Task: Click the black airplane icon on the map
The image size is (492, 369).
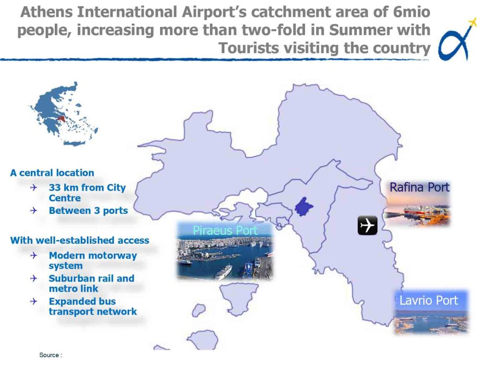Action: tap(368, 225)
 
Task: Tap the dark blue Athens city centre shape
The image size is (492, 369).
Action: tap(304, 207)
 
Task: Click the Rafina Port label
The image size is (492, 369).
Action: tap(419, 187)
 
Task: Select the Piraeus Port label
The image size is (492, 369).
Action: tap(225, 231)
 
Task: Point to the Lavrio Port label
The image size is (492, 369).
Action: tap(429, 301)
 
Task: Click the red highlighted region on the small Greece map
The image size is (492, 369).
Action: tap(62, 119)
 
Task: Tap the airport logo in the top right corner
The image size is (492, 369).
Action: tap(457, 39)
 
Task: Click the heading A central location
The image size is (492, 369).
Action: tap(52, 173)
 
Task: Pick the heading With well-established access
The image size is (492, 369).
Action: tap(80, 240)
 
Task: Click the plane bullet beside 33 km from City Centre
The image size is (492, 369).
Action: tap(34, 188)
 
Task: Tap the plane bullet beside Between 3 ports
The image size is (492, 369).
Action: tap(34, 210)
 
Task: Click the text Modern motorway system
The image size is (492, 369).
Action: tap(93, 260)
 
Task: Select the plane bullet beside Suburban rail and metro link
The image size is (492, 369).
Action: tap(34, 278)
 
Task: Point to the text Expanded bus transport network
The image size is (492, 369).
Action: tap(93, 306)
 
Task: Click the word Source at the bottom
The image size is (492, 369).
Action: tap(49, 355)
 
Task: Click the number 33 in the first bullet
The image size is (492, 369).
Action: tap(55, 188)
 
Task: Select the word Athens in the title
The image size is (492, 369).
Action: tap(47, 12)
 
